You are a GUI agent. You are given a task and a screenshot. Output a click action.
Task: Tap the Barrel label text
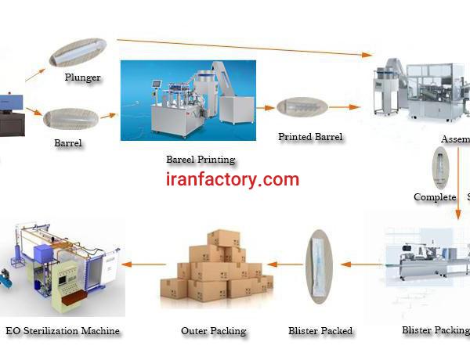click(69, 143)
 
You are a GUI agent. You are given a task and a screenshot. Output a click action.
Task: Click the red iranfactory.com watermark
click(233, 179)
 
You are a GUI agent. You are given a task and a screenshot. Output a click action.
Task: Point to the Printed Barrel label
click(310, 137)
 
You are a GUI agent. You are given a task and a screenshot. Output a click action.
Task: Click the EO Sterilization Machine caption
click(63, 330)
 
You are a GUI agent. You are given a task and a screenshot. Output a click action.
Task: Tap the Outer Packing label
click(213, 330)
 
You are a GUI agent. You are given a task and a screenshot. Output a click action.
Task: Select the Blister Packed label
click(320, 330)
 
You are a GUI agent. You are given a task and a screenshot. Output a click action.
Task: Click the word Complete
click(435, 196)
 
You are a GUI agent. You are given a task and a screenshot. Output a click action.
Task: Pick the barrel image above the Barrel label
click(70, 119)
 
